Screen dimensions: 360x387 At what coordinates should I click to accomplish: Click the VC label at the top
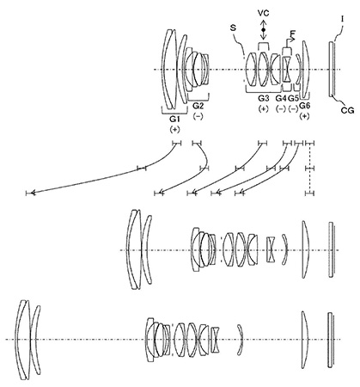coord(264,13)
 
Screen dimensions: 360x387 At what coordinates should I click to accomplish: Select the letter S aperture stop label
coord(234,28)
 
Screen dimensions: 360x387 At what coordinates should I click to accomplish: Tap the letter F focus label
coord(292,34)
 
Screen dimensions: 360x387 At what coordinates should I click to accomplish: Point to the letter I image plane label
coord(342,19)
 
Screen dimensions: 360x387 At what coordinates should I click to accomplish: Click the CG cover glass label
coord(348,110)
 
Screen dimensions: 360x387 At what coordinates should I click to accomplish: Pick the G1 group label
coord(174,119)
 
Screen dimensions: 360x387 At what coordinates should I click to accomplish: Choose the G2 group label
coord(198,106)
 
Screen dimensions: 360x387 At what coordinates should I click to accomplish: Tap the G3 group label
coord(264,99)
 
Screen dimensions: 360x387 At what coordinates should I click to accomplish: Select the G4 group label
coord(281,99)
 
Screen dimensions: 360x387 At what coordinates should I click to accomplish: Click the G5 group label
coord(293,99)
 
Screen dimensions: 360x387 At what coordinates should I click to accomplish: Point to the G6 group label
coord(305,106)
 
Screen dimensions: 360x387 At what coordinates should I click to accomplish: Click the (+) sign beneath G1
coord(174,130)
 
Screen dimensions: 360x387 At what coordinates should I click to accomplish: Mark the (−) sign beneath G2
coord(198,116)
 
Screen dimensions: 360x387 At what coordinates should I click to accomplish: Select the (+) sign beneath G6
coord(305,117)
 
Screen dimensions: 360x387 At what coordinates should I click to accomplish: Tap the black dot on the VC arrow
coord(264,30)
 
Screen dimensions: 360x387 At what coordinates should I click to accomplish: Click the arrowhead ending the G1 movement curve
coord(32,193)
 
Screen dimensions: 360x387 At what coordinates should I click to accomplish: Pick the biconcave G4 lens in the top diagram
coord(287,70)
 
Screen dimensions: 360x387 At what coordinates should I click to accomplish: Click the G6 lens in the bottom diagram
coord(305,340)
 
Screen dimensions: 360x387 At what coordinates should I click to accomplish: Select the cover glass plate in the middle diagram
coord(331,249)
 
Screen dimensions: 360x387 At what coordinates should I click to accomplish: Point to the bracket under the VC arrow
coord(264,46)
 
